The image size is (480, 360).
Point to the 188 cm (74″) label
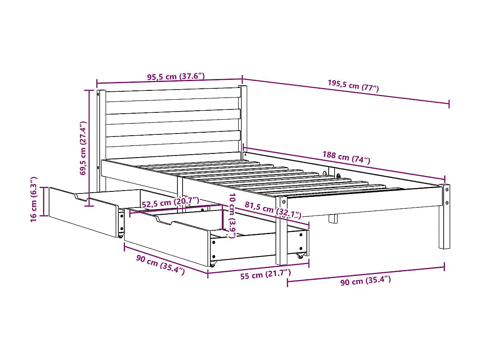(346, 157)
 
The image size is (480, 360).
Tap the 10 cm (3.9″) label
(231, 215)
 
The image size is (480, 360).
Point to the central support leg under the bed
(333, 218)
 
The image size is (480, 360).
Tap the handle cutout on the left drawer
(81, 197)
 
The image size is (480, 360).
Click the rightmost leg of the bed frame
(444, 216)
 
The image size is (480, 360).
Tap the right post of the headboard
(243, 118)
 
